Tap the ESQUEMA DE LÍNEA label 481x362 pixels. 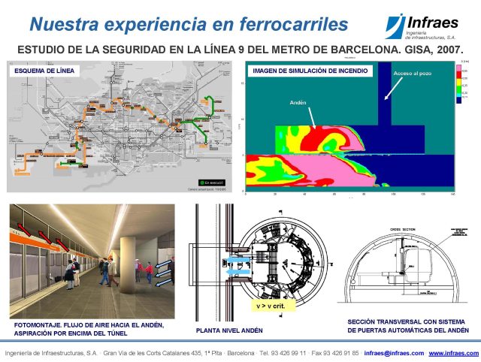click(x=44, y=71)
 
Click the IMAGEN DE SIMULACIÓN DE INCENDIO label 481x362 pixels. click(x=310, y=71)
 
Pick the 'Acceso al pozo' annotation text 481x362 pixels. click(x=413, y=74)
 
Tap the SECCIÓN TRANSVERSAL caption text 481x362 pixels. click(x=405, y=321)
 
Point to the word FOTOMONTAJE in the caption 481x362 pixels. click(x=38, y=324)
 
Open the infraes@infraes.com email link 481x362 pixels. click(x=393, y=353)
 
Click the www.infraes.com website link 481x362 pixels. click(x=453, y=353)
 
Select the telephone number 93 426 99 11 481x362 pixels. click(x=286, y=353)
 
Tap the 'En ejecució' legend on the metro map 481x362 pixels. click(x=209, y=183)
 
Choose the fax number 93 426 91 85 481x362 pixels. click(x=340, y=353)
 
